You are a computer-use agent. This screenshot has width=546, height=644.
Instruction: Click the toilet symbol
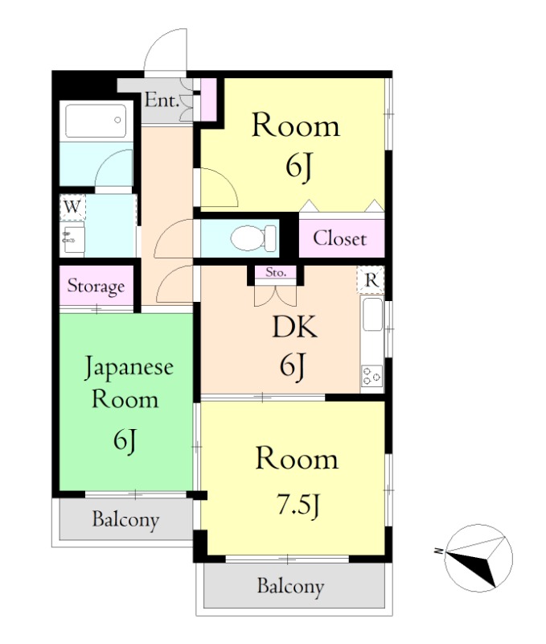pyautogui.click(x=253, y=237)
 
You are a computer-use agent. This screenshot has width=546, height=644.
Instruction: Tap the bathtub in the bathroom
pyautogui.click(x=96, y=121)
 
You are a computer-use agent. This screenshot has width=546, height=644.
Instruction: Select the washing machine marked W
pyautogui.click(x=72, y=207)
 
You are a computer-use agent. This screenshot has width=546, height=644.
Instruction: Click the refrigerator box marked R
pyautogui.click(x=371, y=279)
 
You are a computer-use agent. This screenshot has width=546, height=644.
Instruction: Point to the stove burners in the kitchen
pyautogui.click(x=372, y=376)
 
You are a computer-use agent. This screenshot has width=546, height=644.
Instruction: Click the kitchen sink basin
pyautogui.click(x=372, y=315)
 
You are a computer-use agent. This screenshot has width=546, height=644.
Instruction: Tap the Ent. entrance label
pyautogui.click(x=162, y=101)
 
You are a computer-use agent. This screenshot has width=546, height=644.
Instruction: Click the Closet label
pyautogui.click(x=339, y=238)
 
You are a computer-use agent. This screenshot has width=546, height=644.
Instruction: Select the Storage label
pyautogui.click(x=96, y=286)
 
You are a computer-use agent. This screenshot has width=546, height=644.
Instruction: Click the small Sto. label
pyautogui.click(x=275, y=272)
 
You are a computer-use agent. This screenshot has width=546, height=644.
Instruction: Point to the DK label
pyautogui.click(x=294, y=328)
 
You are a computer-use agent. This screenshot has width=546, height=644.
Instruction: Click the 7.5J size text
pyautogui.click(x=298, y=505)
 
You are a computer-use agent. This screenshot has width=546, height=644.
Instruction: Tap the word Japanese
pyautogui.click(x=129, y=368)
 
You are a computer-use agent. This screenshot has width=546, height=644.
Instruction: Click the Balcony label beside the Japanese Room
pyautogui.click(x=125, y=520)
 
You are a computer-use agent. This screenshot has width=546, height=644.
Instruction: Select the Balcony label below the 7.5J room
pyautogui.click(x=290, y=587)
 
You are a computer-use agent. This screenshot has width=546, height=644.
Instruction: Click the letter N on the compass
pyautogui.click(x=439, y=551)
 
